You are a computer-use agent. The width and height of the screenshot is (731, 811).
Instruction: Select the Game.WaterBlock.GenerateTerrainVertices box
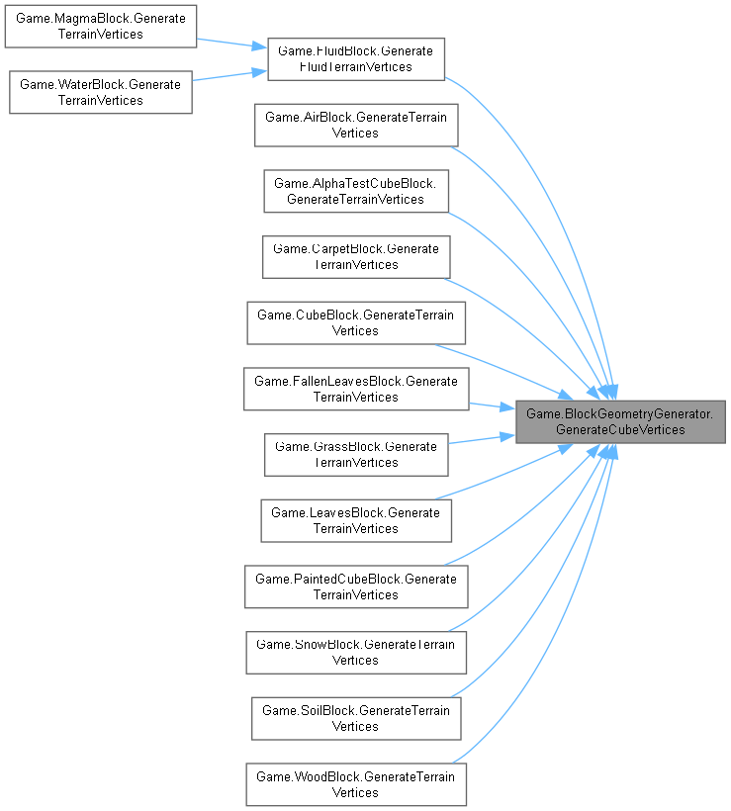tap(100, 92)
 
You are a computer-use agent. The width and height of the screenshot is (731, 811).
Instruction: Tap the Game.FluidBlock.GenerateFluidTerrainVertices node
tap(355, 59)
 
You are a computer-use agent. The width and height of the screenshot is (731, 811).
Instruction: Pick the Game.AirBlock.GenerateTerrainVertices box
tap(355, 125)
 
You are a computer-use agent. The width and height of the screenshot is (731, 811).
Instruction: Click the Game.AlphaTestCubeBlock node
tap(355, 191)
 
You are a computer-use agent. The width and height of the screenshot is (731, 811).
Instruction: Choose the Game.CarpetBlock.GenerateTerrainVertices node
tap(355, 257)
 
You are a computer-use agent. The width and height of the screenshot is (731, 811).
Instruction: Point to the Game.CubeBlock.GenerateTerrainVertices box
tap(355, 322)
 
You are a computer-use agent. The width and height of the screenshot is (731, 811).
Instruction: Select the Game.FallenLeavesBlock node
tap(355, 389)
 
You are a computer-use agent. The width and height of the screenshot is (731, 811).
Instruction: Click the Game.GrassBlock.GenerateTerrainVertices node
tap(355, 455)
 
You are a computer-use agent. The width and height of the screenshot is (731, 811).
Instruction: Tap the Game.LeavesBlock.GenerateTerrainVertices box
tap(355, 520)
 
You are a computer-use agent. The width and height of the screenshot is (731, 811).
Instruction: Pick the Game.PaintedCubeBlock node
tap(355, 586)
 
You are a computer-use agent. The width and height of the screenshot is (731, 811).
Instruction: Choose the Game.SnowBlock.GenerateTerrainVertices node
tap(355, 653)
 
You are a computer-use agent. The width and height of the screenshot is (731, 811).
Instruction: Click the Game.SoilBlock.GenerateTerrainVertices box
tap(355, 718)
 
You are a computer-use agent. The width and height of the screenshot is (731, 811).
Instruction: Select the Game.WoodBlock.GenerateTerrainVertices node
tap(355, 784)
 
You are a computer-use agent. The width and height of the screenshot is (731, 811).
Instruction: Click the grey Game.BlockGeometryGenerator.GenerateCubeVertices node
tap(620, 421)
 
